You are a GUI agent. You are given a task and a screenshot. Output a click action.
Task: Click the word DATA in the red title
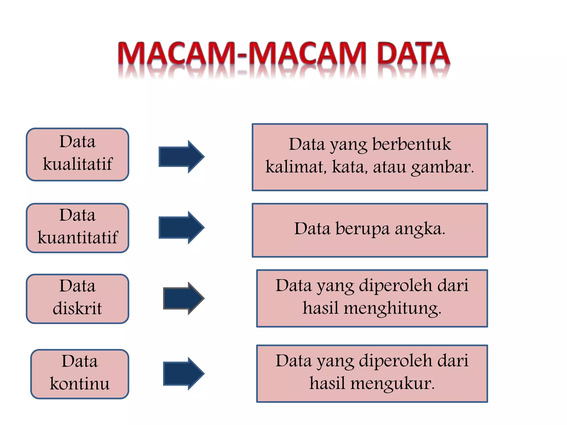[x=413, y=54]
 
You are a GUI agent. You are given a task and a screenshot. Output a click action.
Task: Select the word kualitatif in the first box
[x=78, y=164]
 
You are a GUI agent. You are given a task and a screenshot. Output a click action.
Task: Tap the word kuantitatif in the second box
[x=78, y=237]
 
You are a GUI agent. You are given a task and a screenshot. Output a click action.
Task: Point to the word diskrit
[x=78, y=308]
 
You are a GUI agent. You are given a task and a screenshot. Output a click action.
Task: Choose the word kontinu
[x=80, y=383]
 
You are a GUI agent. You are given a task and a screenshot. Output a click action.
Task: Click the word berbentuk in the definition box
[x=412, y=144]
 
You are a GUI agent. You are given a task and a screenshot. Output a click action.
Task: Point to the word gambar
[x=442, y=167]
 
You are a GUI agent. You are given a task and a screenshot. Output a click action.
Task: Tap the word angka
[x=420, y=229]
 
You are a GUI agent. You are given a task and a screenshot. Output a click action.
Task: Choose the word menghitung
[x=392, y=309]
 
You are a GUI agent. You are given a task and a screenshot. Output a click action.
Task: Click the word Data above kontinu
[x=80, y=361]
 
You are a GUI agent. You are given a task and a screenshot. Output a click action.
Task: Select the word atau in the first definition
[x=389, y=167]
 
